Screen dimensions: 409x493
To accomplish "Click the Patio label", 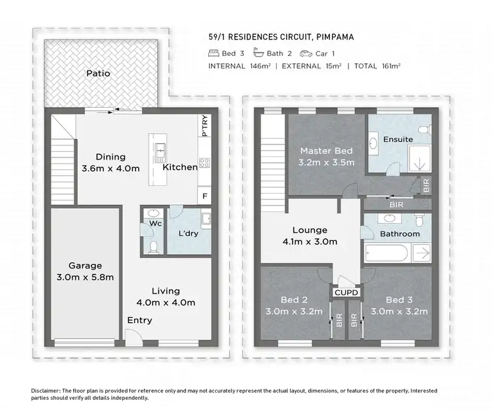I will (98, 74).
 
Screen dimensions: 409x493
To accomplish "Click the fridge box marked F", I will (205, 195).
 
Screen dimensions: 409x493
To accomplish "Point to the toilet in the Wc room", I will (153, 246).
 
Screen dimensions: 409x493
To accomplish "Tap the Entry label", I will (139, 320).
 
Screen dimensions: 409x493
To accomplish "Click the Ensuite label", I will (398, 139).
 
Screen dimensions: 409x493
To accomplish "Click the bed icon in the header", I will (214, 52).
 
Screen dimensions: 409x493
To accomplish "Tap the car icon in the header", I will (306, 52).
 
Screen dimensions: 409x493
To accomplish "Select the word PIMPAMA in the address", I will (333, 37).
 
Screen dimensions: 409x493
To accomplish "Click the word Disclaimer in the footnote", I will (46, 391).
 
